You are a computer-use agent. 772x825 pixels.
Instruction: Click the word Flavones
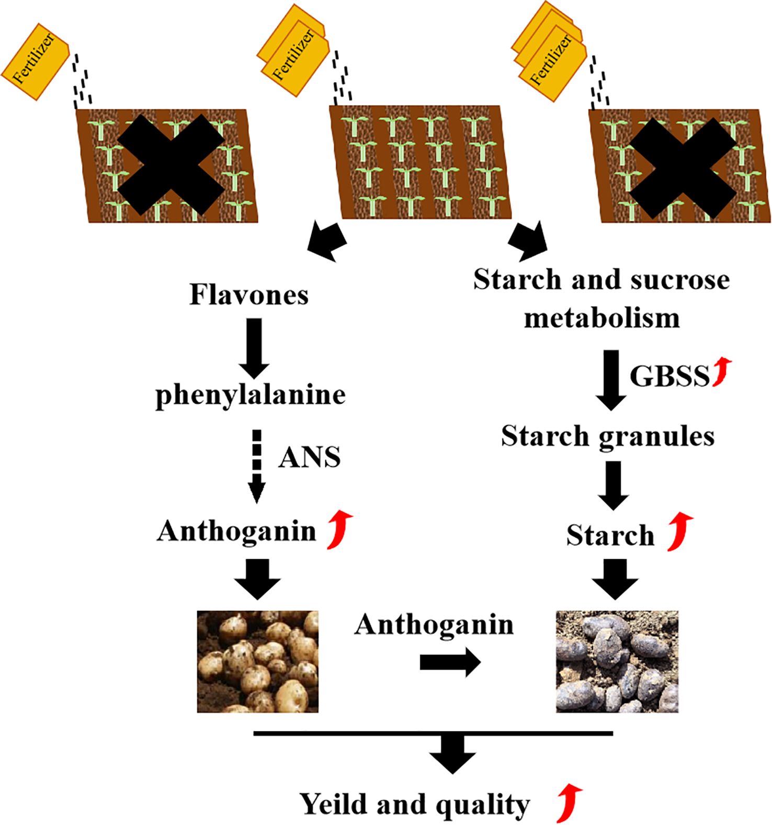click(249, 295)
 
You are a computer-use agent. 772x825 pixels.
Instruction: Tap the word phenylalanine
click(251, 395)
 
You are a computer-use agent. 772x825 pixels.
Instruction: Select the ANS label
click(310, 458)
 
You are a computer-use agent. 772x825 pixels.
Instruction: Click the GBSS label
click(669, 376)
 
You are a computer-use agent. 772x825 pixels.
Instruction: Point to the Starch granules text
click(608, 436)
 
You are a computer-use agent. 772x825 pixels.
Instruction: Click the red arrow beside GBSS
click(723, 372)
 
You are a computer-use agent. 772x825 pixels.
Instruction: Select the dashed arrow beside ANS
click(256, 466)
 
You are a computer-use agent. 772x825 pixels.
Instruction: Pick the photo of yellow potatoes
click(258, 661)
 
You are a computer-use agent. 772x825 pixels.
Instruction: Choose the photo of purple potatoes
click(617, 661)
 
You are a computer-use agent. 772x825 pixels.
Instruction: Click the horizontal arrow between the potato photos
click(450, 663)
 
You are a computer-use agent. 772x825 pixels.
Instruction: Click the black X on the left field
click(170, 165)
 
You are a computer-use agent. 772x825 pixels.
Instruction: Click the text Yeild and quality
click(415, 804)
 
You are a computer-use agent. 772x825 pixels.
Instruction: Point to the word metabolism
click(602, 318)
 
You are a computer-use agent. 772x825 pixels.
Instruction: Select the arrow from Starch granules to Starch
click(613, 484)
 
